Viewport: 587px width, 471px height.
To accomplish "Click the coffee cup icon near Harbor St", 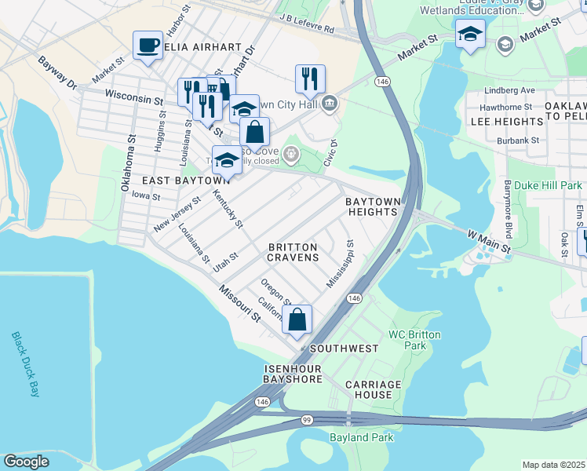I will [148, 45].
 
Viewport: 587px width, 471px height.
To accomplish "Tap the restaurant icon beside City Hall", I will [310, 78].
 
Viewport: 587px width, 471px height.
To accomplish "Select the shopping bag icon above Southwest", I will [297, 319].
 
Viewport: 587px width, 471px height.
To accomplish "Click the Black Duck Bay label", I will [25, 364].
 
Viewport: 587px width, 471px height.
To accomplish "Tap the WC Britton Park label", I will [414, 340].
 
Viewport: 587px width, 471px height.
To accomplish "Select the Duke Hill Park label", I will [553, 186].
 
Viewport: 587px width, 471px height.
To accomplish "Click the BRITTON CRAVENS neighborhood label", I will [293, 252].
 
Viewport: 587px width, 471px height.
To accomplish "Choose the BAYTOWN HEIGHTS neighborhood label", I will [372, 207].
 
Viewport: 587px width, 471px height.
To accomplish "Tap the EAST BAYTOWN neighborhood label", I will [174, 181].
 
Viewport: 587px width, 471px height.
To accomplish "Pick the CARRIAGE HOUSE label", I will [374, 389].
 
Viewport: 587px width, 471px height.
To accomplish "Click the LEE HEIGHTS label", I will [506, 122].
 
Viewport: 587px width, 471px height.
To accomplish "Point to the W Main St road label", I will [489, 241].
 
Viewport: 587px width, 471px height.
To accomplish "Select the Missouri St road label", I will [239, 302].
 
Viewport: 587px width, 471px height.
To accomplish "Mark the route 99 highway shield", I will [304, 421].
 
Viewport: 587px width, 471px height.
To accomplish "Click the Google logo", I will [26, 462].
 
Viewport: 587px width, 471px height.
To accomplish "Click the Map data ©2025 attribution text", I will [553, 465].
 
